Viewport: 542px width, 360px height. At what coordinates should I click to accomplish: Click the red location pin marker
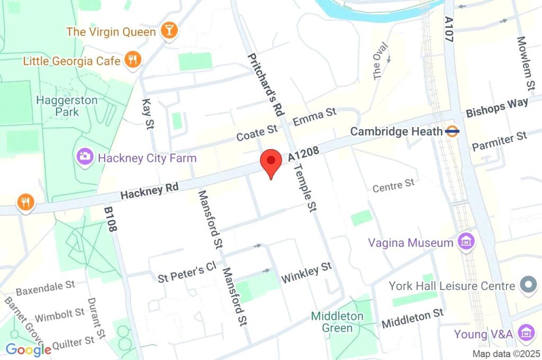coord(271,161)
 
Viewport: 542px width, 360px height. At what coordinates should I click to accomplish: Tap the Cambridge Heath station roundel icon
coord(452,131)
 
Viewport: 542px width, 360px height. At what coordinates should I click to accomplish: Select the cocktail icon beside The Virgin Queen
coord(169,31)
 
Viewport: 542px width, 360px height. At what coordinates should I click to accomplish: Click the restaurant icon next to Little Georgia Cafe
coord(132,61)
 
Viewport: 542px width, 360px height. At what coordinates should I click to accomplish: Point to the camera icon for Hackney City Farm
coord(85,157)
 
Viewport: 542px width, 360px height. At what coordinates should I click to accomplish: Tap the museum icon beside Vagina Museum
coord(466,242)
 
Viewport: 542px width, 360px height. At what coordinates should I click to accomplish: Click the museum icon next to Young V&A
coord(526,334)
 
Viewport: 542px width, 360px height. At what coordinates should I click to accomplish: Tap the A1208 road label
coord(304,154)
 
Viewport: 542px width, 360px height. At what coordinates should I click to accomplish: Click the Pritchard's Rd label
coord(265,84)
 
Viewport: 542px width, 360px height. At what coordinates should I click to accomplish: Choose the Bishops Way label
coord(496,107)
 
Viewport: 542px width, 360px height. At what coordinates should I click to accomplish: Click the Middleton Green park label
coord(337,322)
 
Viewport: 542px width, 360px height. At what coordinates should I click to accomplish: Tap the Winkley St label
coord(306,272)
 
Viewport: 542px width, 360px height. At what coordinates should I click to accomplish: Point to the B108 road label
coord(109,220)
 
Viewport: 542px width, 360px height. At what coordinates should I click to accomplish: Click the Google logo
coord(28,349)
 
